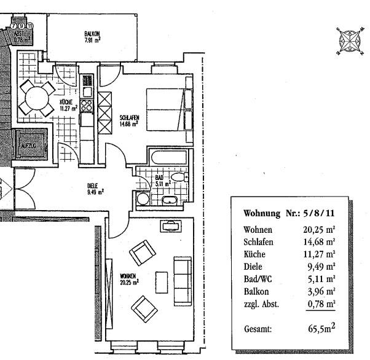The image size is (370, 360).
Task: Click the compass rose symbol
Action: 350,41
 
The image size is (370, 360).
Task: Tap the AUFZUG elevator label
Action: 28,146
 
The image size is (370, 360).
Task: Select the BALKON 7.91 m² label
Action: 92,37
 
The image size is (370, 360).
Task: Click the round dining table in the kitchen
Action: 37,98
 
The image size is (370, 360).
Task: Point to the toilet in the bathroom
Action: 179,177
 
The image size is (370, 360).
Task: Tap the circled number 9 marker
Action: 22,26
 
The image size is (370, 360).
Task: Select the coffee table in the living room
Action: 162,283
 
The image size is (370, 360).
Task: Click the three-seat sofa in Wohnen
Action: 183,281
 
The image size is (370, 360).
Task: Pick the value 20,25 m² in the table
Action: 319,230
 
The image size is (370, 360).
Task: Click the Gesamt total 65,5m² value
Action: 321,328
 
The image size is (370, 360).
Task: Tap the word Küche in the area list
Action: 254,254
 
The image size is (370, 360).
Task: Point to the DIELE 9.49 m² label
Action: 95,189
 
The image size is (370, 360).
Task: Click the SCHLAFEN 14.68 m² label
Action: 129,121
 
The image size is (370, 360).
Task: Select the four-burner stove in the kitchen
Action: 86,105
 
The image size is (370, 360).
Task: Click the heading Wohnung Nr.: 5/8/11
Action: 289,213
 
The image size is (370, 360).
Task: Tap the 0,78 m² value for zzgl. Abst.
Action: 321,304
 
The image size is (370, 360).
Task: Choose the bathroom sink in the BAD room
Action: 169,200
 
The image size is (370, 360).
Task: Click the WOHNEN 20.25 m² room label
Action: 129,280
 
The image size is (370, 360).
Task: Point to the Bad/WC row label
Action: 258,279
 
